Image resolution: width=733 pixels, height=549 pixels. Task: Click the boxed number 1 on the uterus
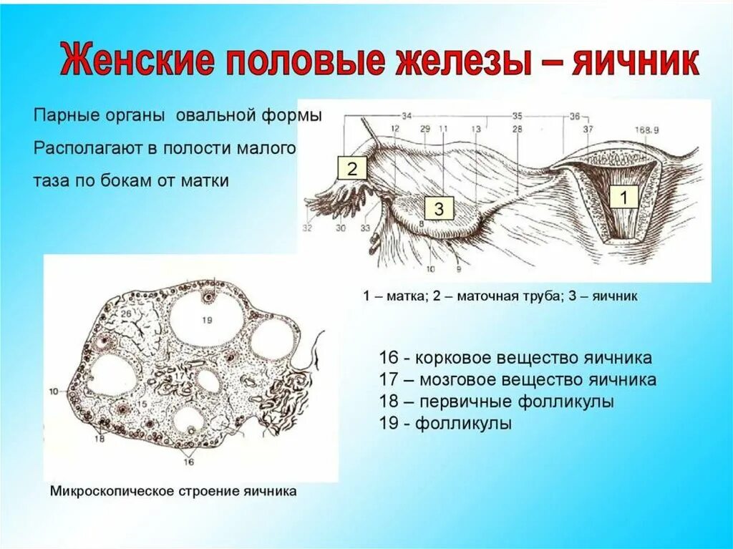(x=623, y=198)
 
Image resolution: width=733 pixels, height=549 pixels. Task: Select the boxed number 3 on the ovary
(x=439, y=209)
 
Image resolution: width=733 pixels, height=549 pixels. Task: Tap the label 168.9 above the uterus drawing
(x=646, y=129)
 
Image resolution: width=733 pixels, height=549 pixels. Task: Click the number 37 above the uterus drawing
(x=588, y=129)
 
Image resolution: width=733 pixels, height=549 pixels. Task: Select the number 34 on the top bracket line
(x=407, y=115)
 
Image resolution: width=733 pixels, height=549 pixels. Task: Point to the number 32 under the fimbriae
(x=308, y=229)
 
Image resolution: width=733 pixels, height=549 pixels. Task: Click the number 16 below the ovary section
(x=189, y=463)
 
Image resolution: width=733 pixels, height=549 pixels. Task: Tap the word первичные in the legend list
(x=464, y=402)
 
